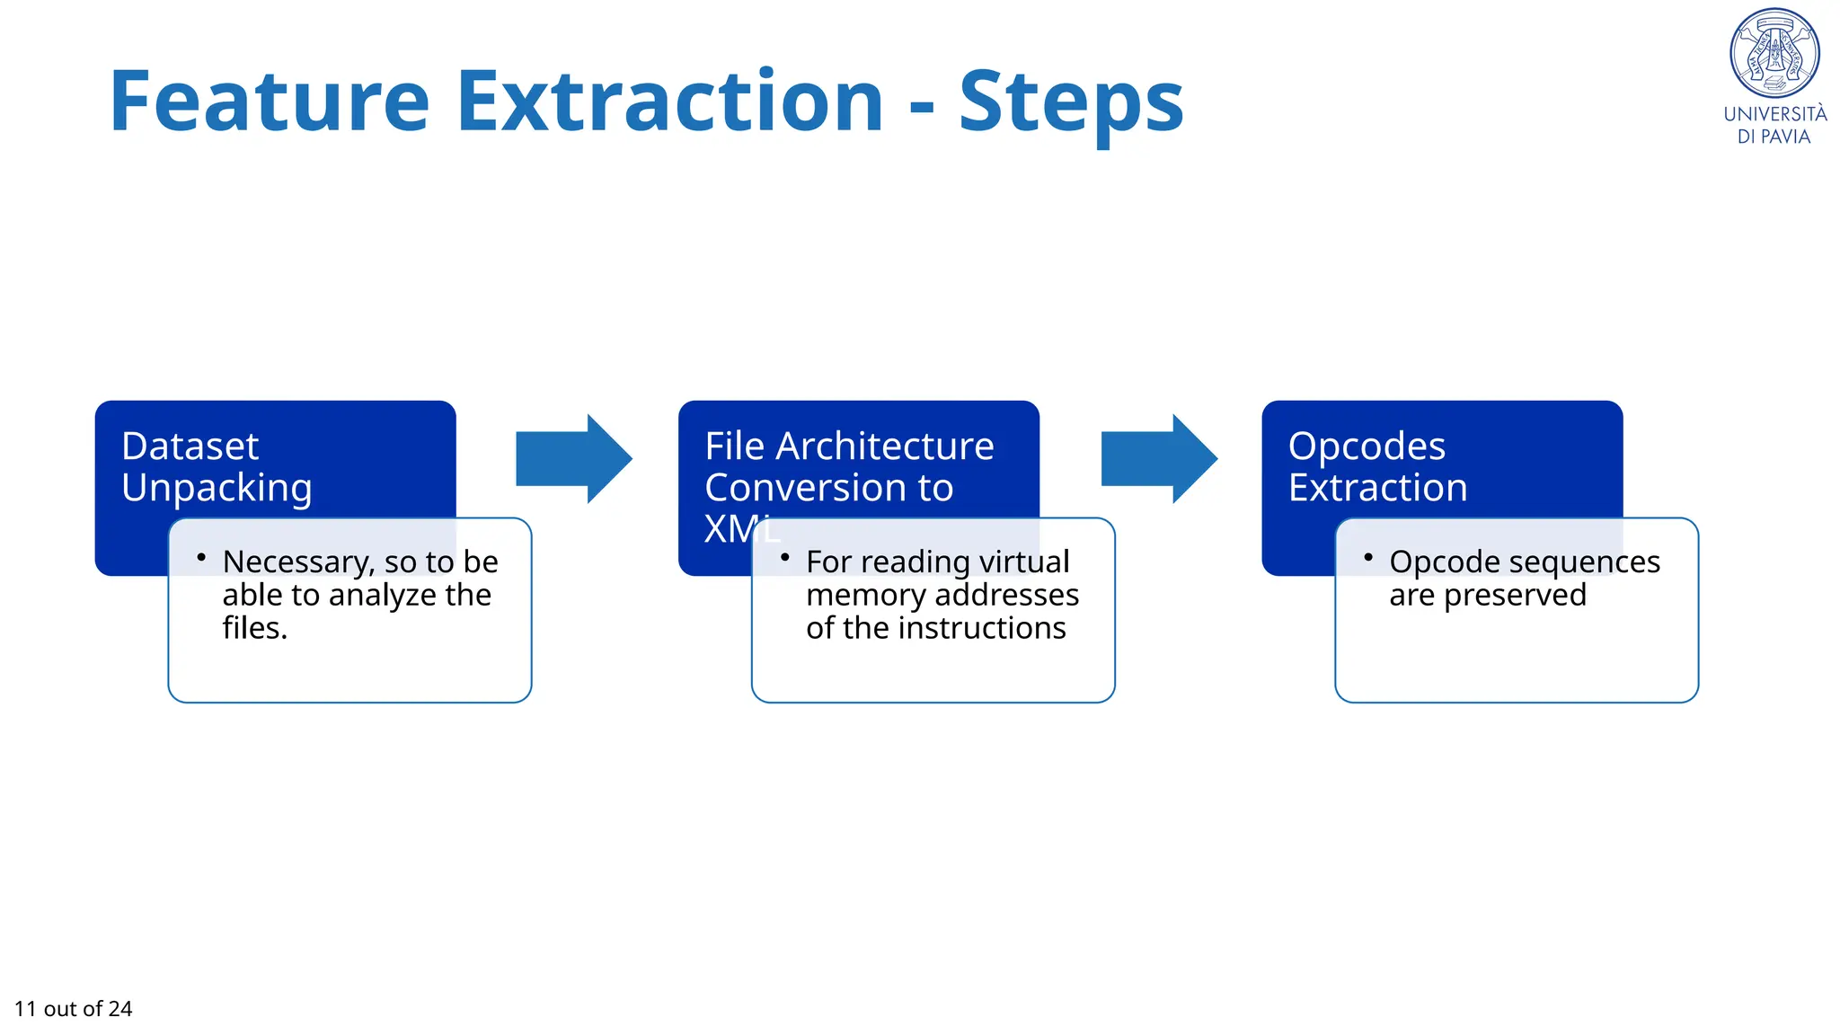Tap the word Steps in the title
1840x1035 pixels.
coord(1071,103)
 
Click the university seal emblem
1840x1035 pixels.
coord(1774,54)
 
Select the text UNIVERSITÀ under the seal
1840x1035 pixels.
coord(1774,114)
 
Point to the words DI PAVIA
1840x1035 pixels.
coord(1774,137)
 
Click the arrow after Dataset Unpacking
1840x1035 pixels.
coord(573,458)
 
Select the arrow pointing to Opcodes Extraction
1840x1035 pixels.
coord(1158,458)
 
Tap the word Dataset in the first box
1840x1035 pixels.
coord(190,447)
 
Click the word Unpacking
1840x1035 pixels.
coord(217,489)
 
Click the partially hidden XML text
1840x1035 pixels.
coord(741,529)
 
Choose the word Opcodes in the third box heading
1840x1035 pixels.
coord(1367,447)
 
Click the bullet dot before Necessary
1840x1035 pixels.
coord(201,558)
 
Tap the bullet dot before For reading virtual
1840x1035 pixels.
coord(784,558)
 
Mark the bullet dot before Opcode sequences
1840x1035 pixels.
coord(1368,558)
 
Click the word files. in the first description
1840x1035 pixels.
coord(254,628)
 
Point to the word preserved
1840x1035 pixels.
coord(1515,596)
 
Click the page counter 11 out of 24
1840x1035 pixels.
coord(74,1009)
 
